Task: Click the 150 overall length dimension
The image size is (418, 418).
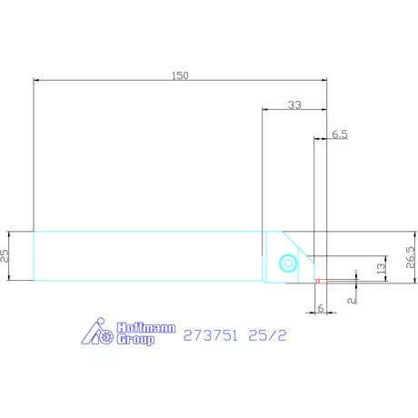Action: pos(179,76)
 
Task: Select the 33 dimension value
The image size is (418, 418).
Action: pos(294,105)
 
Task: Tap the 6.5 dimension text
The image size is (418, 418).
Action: pos(339,134)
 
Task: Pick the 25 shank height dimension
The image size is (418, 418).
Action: pos(5,255)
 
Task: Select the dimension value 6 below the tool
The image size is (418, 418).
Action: pos(320,307)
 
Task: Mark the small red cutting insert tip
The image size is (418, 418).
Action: pos(316,281)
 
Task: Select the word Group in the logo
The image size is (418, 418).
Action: pos(135,339)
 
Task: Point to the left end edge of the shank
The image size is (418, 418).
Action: pos(34,255)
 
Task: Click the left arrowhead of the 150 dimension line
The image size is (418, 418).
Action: pos(36,80)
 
